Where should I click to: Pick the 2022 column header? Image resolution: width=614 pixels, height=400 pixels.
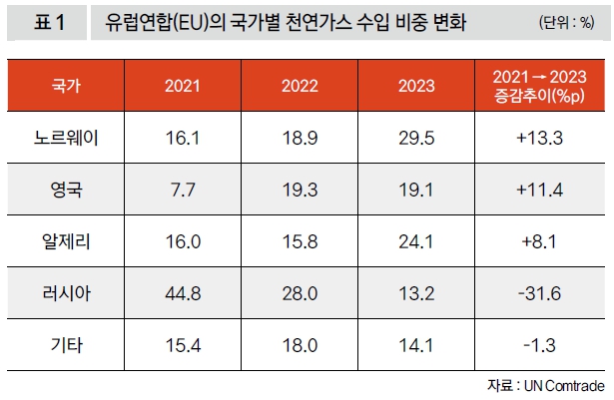(299, 85)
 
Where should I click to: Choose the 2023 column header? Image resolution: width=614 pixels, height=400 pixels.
(415, 85)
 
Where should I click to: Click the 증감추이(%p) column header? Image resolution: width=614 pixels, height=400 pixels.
(539, 85)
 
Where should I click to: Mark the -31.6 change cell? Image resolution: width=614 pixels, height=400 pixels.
(539, 293)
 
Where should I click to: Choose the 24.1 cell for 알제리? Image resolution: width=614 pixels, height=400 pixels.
(415, 241)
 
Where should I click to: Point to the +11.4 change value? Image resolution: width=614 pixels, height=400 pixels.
(539, 190)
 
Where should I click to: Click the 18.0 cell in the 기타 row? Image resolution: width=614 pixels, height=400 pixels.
(299, 345)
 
